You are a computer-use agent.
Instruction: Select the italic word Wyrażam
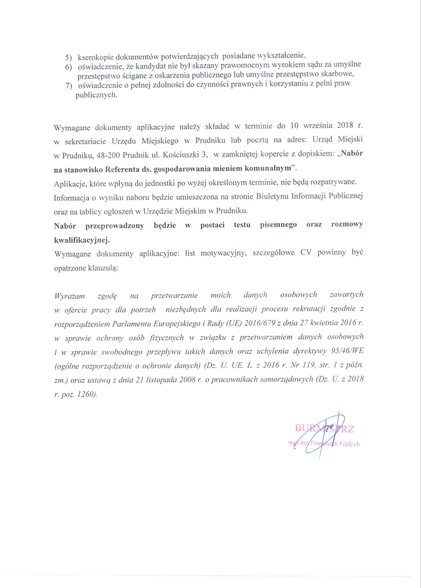click(x=69, y=295)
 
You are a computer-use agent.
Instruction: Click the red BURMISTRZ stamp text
click(x=324, y=427)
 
